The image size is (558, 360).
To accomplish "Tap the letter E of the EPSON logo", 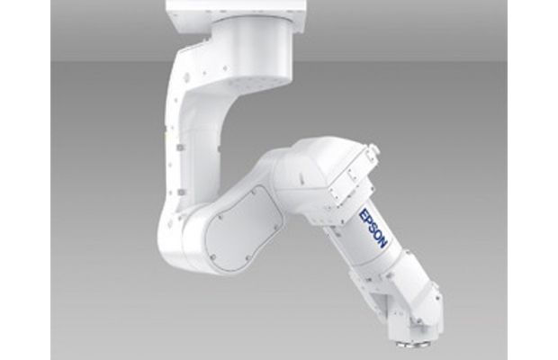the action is pos(365,214).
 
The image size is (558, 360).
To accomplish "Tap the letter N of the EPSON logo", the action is pos(382,243).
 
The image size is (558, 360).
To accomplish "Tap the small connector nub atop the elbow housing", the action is pos(373,147).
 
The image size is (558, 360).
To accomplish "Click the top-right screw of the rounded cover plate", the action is pos(254,192).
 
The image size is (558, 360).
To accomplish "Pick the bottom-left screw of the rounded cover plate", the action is pos(212,256).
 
